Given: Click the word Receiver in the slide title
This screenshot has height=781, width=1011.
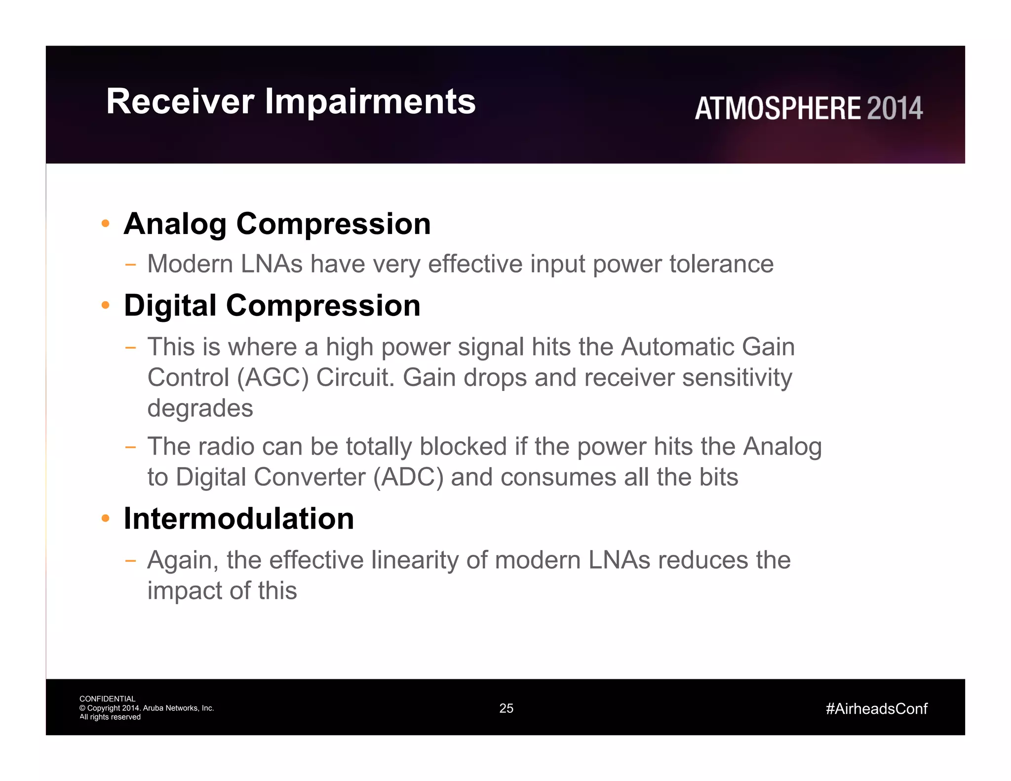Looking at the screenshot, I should tap(180, 102).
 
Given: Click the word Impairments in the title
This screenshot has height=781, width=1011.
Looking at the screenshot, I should tap(370, 102).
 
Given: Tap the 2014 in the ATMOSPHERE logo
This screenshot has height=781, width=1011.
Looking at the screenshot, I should tap(894, 109).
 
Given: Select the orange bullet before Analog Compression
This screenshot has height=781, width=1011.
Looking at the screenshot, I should tap(105, 224).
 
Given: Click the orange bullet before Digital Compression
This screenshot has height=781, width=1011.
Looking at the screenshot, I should tap(105, 305).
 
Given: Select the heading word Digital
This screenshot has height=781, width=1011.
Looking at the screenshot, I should tap(170, 306).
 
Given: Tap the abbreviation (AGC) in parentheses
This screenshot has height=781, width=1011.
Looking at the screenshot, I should tap(272, 378).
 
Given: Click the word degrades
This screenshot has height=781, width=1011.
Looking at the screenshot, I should tap(200, 408).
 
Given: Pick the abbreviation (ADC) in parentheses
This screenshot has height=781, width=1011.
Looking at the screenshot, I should tap(408, 477).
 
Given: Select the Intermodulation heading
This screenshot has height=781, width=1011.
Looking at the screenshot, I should tap(238, 519).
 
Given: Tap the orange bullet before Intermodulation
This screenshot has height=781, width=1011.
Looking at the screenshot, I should tap(105, 518).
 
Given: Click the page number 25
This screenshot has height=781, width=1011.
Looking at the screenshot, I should tap(506, 708).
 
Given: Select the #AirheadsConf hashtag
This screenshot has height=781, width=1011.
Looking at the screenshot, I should tap(876, 709).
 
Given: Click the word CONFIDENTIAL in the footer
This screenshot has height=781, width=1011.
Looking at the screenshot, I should tap(107, 699).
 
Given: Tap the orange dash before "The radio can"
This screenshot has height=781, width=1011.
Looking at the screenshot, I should tap(130, 447).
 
